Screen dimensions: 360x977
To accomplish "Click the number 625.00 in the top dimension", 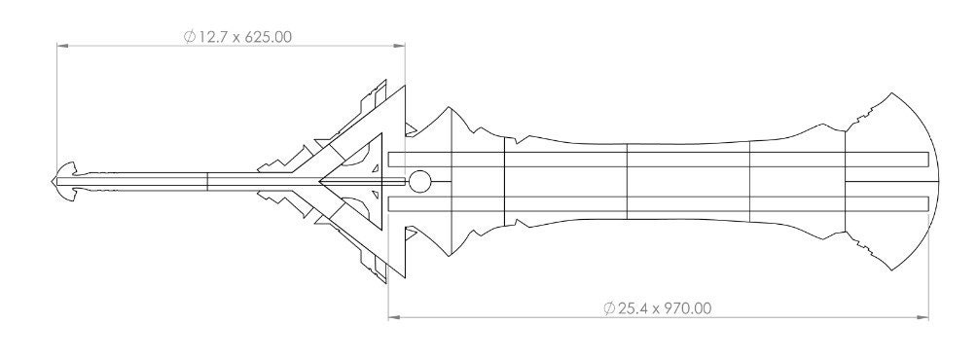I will click(x=267, y=36).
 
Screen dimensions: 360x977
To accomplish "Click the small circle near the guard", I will click(x=420, y=181).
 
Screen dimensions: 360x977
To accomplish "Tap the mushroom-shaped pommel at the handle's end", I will click(x=65, y=181).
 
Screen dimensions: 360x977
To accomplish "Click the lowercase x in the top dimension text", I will click(x=236, y=37).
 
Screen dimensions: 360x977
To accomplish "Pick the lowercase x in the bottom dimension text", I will click(x=654, y=309).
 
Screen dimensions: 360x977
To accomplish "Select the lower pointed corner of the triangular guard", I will click(x=388, y=281).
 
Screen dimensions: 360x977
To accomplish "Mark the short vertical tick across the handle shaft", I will click(x=208, y=181).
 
